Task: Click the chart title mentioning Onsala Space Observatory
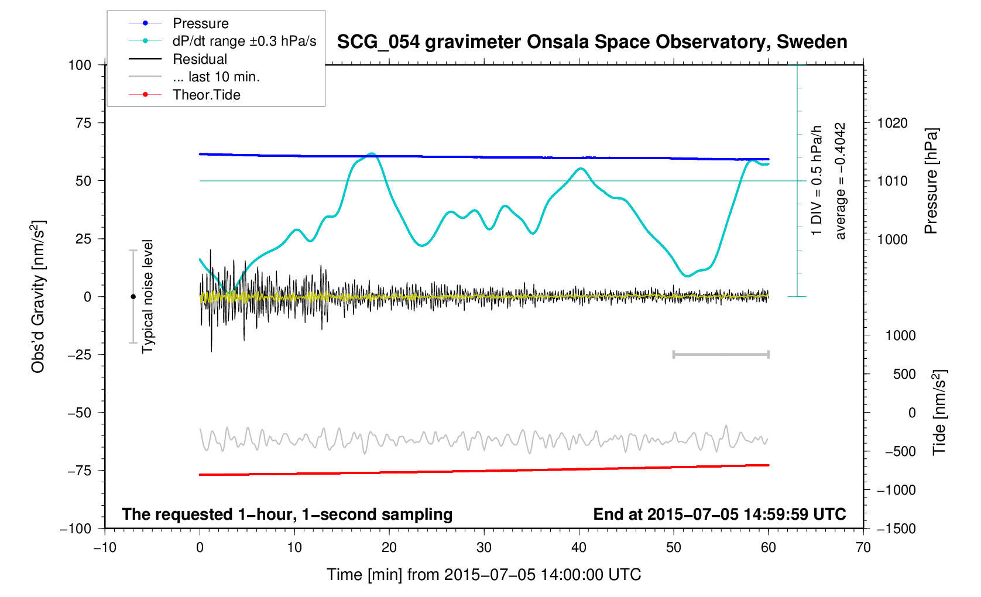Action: (x=592, y=42)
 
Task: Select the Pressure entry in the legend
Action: (x=200, y=23)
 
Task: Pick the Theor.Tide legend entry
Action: (x=206, y=95)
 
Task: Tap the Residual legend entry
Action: (x=200, y=59)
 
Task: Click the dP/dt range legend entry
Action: (x=244, y=41)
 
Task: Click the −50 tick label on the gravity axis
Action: (x=79, y=413)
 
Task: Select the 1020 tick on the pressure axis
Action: (x=892, y=123)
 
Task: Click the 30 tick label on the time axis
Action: (x=484, y=548)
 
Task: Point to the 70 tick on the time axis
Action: (x=863, y=548)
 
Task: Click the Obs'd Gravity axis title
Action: (x=38, y=296)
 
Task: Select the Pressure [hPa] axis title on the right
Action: (x=931, y=181)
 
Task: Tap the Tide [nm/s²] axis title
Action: (x=939, y=412)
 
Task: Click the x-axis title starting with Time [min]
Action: (x=483, y=575)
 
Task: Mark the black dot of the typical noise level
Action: (x=133, y=297)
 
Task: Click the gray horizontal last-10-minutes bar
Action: (x=721, y=354)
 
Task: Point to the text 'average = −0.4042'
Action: (x=841, y=181)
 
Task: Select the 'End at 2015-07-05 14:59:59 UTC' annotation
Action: (x=719, y=514)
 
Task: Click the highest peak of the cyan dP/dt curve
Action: (x=371, y=154)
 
